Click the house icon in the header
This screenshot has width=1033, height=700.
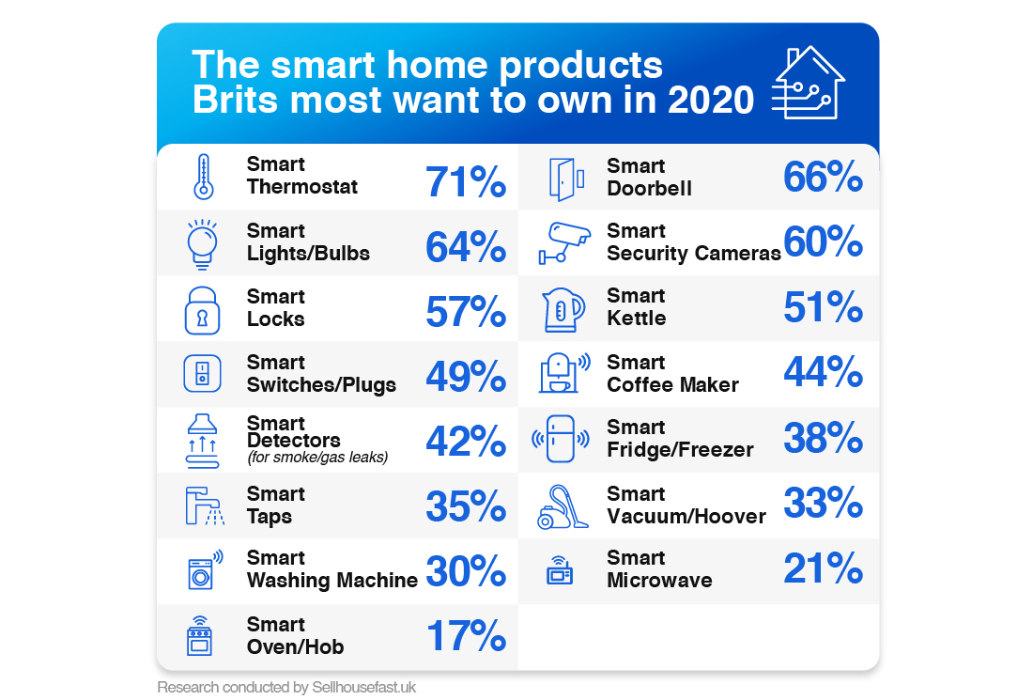[x=807, y=83]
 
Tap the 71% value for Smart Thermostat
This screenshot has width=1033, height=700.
[x=466, y=182]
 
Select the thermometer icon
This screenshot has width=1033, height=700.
[x=203, y=177]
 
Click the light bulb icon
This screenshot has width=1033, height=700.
[x=202, y=244]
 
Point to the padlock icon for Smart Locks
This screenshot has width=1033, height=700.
[x=203, y=310]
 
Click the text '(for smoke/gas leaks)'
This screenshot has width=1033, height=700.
[x=316, y=459]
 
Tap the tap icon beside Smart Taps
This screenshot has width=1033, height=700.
[x=202, y=506]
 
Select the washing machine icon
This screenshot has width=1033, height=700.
[x=203, y=569]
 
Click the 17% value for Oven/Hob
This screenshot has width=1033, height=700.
[x=466, y=636]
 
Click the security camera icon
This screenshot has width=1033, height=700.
[x=563, y=242]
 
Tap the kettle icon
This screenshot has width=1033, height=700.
[x=563, y=309]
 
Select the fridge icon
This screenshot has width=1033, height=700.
[x=561, y=439]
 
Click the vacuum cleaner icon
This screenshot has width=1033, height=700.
[x=563, y=506]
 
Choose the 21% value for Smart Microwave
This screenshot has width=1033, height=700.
[x=823, y=568]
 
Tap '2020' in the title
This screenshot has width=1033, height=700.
[x=711, y=100]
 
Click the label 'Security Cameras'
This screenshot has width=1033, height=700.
[x=693, y=254]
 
